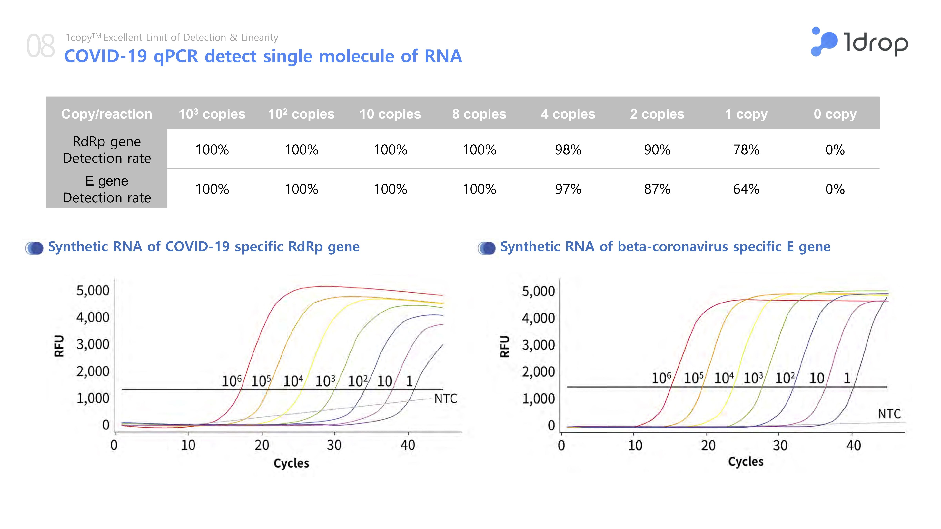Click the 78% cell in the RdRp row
click(746, 150)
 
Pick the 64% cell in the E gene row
click(746, 189)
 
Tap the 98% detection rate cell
click(568, 150)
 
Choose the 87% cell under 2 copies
click(657, 189)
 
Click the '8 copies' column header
click(479, 114)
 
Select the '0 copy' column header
click(835, 114)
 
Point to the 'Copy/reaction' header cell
click(107, 114)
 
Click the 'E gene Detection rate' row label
click(107, 189)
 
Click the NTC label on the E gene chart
click(889, 414)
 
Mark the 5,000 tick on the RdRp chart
click(93, 291)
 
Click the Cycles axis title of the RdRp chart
click(291, 463)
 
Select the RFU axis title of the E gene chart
click(504, 346)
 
